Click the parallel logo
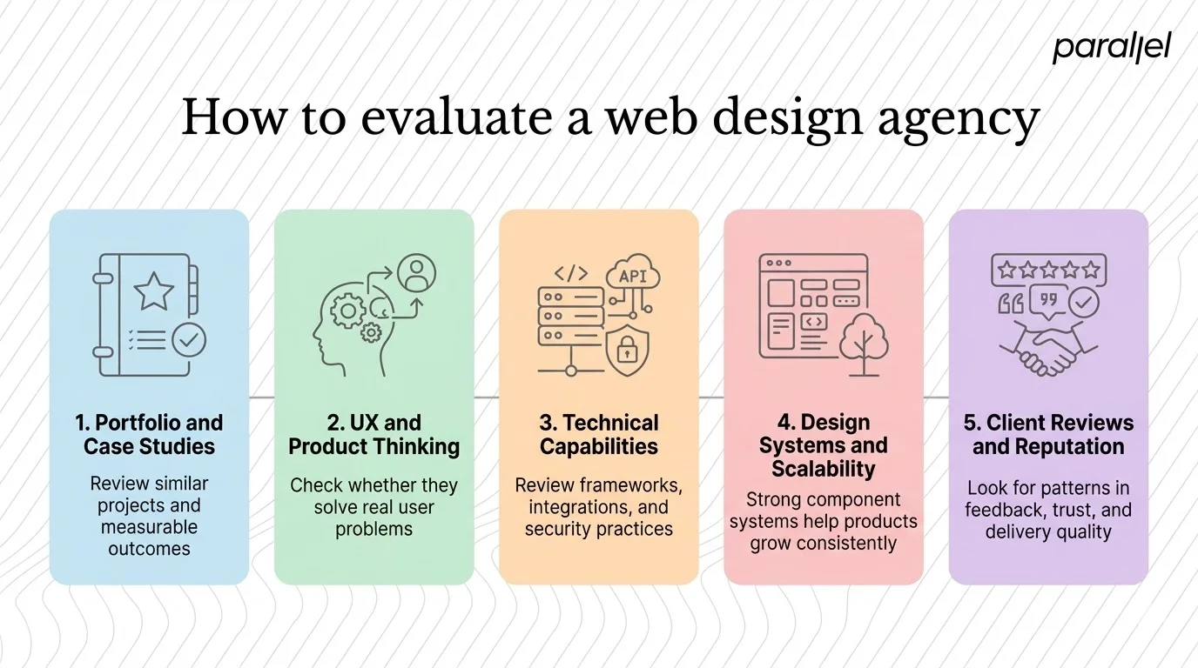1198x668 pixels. [x=1111, y=49]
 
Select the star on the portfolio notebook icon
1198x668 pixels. [x=153, y=291]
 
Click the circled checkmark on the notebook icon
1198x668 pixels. [x=188, y=341]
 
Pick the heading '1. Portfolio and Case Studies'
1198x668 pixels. [x=149, y=434]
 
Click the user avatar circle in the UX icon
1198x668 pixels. [x=416, y=272]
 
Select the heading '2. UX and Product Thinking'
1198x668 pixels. [x=374, y=434]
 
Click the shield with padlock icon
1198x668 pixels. [x=627, y=351]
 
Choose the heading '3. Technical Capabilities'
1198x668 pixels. [x=598, y=434]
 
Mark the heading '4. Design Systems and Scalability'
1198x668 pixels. [x=823, y=445]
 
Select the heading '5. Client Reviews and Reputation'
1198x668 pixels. [x=1048, y=434]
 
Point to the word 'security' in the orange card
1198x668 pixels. [x=559, y=529]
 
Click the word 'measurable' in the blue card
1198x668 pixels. [x=149, y=527]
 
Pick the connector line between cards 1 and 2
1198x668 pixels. [x=261, y=397]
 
